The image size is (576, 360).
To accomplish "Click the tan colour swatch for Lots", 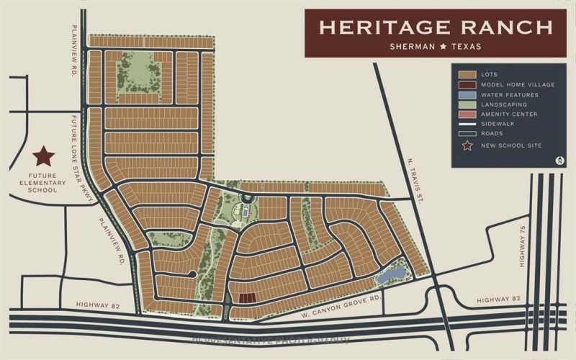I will [468, 74].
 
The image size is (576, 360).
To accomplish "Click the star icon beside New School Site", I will [468, 146].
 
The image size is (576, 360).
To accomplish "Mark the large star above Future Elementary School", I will [44, 156].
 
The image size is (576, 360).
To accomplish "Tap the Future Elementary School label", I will [48, 182].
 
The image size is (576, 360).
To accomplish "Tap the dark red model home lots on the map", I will [247, 297].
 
